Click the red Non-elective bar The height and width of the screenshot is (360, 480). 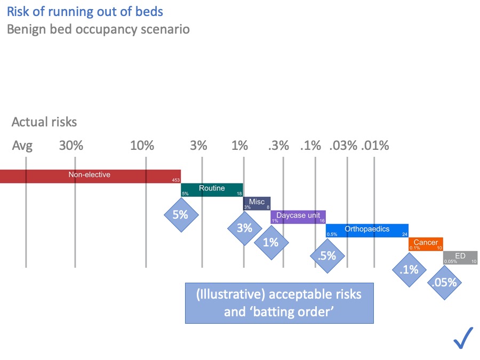(x=91, y=176)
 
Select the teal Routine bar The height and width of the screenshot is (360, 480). (x=212, y=189)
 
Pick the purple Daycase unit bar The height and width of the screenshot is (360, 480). (x=298, y=217)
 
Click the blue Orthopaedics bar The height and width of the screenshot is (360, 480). (x=367, y=230)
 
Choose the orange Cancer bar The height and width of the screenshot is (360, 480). (x=426, y=244)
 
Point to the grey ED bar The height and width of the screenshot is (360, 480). (x=460, y=258)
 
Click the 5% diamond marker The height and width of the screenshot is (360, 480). (x=180, y=215)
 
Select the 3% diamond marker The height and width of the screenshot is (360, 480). (x=244, y=228)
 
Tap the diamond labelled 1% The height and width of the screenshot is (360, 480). (x=271, y=242)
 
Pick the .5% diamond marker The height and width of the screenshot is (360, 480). (x=326, y=255)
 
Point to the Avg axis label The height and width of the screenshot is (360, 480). (x=22, y=146)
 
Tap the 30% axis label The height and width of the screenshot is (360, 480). (x=71, y=146)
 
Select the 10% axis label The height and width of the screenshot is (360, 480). (x=142, y=146)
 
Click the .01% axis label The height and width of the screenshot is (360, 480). (x=375, y=146)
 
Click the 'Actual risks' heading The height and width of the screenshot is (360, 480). (x=44, y=122)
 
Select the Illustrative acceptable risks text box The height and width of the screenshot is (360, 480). (x=279, y=302)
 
